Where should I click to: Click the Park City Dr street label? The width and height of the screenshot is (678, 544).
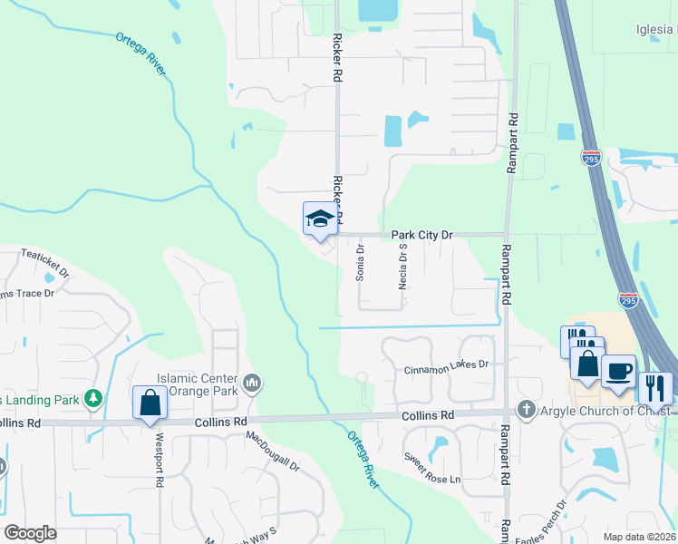pos(421,235)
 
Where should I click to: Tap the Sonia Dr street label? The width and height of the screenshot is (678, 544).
pos(360,262)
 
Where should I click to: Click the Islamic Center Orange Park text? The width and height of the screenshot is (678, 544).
pos(198,385)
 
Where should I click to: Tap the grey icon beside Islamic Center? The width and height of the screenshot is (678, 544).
pos(253,384)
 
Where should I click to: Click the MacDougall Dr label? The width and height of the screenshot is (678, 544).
pos(273,452)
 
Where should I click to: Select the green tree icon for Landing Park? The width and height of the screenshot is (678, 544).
pos(92,398)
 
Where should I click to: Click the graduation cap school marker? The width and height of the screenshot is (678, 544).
pos(320,219)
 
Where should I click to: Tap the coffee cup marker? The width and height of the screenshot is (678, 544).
pos(618,372)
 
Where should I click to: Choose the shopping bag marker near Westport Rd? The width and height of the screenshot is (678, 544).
pos(150,403)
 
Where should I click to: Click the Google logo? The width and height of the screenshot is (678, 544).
pos(30,533)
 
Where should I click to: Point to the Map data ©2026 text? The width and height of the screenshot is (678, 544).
pos(640,537)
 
